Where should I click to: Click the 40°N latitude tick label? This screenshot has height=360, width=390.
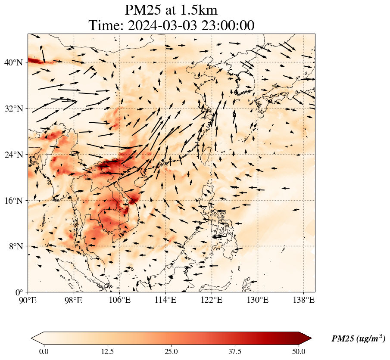[14, 62]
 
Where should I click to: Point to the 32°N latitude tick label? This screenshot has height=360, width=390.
[14, 109]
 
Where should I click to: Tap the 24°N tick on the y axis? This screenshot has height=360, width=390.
[14, 155]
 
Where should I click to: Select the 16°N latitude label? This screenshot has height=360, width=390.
[14, 201]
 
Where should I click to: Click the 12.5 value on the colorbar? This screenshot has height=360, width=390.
[107, 351]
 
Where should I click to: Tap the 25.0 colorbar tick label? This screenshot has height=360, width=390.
[172, 351]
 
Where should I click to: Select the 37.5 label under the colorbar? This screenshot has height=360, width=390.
[235, 351]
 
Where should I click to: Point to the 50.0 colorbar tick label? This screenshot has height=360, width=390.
[299, 351]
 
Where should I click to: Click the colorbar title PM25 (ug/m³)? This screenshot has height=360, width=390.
[358, 339]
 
